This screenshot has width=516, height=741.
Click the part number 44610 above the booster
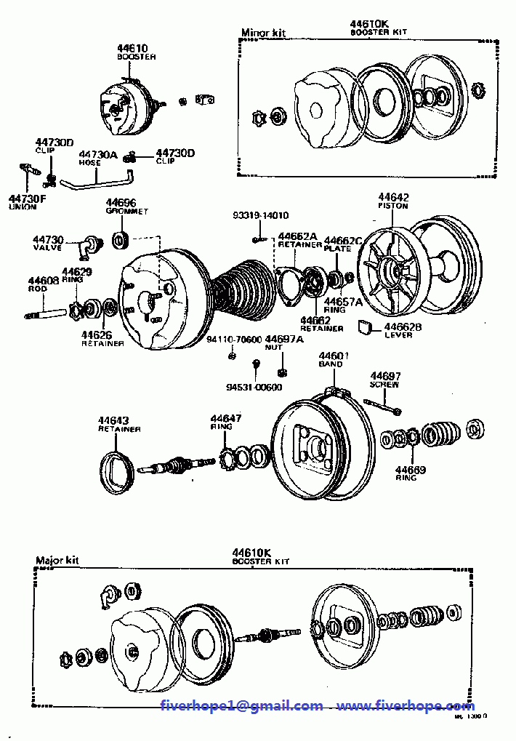pyautogui.click(x=132, y=49)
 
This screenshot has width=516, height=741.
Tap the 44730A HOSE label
pyautogui.click(x=98, y=158)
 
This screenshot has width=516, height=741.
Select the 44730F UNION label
pyautogui.click(x=27, y=201)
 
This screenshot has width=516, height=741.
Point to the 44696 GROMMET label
pyautogui.click(x=126, y=207)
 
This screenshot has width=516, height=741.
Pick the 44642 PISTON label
pyautogui.click(x=393, y=201)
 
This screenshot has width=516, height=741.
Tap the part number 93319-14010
pyautogui.click(x=260, y=216)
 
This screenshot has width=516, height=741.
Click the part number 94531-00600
pyautogui.click(x=254, y=387)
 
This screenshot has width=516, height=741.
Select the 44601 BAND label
pyautogui.click(x=334, y=359)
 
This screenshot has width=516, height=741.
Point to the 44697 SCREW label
pyautogui.click(x=384, y=380)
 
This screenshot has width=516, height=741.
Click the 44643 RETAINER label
pyautogui.click(x=118, y=424)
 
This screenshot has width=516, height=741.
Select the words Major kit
pyautogui.click(x=57, y=561)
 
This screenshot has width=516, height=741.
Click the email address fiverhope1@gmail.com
pyautogui.click(x=242, y=705)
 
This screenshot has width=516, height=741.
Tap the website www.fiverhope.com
pyautogui.click(x=406, y=705)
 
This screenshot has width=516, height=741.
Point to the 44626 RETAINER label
pyautogui.click(x=102, y=338)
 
